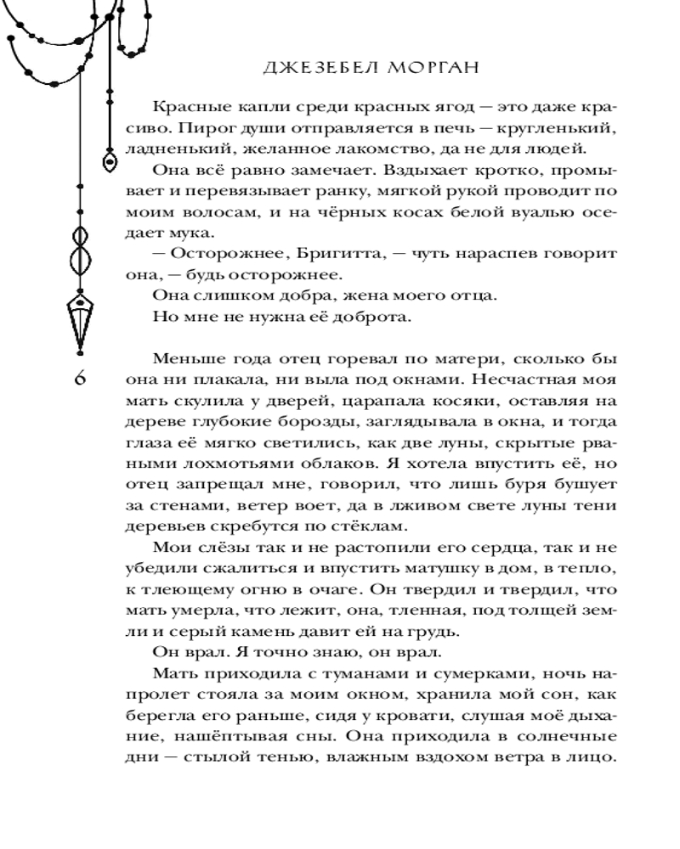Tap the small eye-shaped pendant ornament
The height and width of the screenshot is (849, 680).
click(109, 157)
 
